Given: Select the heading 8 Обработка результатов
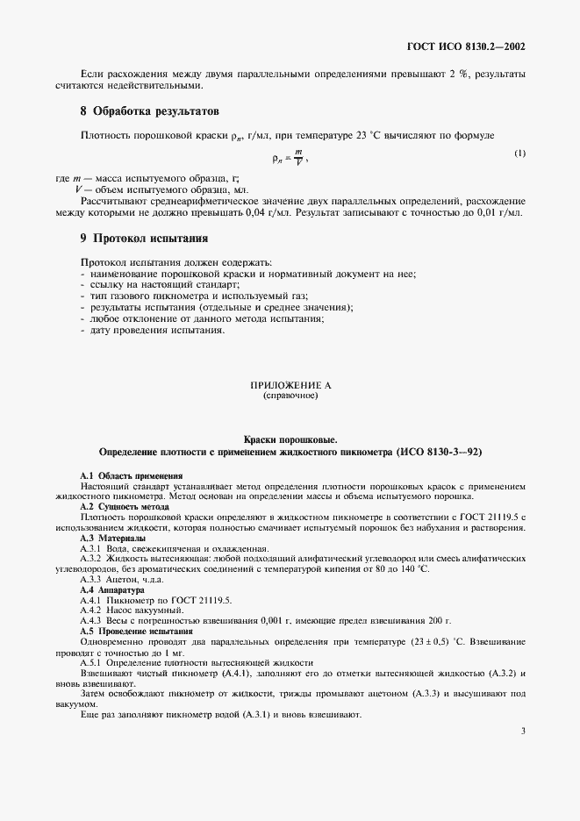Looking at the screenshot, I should (x=150, y=112).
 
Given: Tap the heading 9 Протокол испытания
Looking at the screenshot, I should (x=144, y=238).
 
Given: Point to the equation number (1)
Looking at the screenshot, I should (x=519, y=153).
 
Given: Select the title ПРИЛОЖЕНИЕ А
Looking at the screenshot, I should (x=290, y=385).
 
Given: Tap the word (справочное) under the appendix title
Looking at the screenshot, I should (x=290, y=396).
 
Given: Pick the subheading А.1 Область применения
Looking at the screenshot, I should (x=131, y=475).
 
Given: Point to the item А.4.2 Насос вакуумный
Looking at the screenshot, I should (x=132, y=609).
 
